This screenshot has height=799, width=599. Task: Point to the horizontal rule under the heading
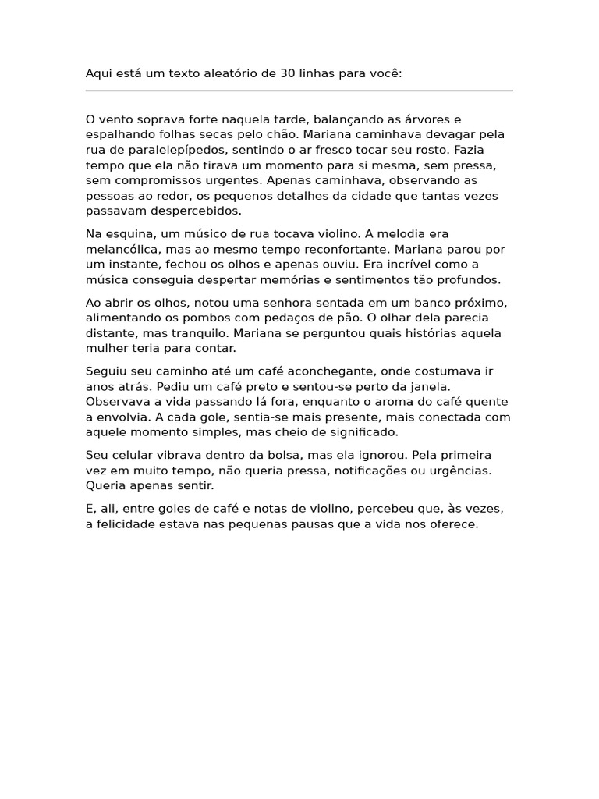(x=299, y=91)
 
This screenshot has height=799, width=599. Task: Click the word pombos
(x=194, y=318)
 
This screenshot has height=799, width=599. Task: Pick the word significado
(x=360, y=432)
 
